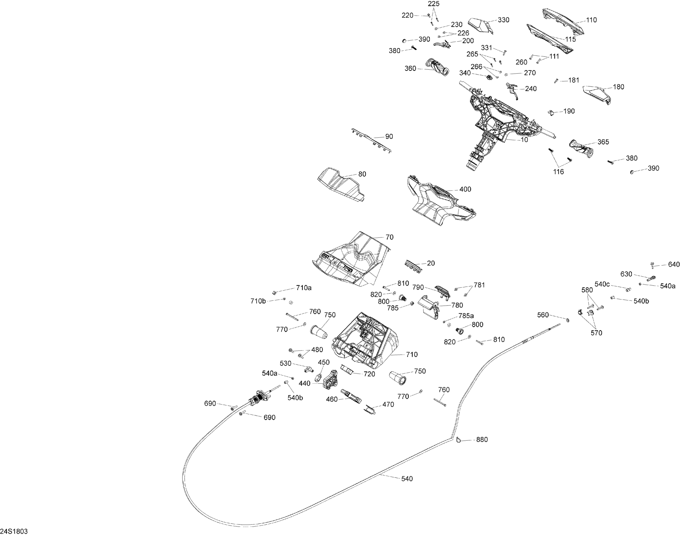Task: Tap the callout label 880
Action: coord(482,440)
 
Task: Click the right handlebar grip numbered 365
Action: coord(580,149)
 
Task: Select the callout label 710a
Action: coord(304,288)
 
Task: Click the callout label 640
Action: coord(674,264)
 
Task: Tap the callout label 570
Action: coord(596,333)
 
